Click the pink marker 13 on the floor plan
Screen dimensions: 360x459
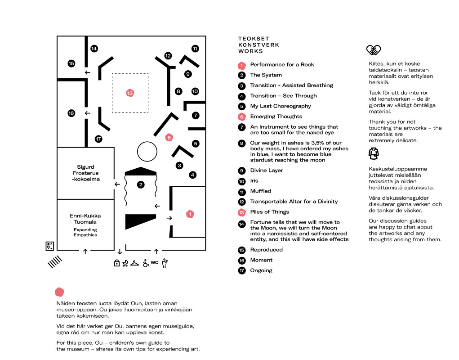coord(130,93)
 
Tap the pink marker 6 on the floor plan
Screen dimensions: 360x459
coord(169,138)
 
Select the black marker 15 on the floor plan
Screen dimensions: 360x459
coord(71,63)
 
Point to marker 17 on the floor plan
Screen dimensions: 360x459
coord(98,139)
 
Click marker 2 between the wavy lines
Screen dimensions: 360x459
coord(141,184)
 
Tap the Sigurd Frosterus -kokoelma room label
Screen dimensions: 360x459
coord(85,173)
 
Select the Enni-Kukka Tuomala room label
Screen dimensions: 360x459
coord(85,219)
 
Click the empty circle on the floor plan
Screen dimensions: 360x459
coord(146,151)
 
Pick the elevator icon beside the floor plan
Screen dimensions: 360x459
coord(50,246)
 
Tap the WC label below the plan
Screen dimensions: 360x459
coord(154,262)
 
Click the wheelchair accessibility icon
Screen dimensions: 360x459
coord(145,263)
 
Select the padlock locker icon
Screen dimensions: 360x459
coord(117,263)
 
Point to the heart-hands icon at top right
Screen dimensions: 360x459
coord(374,50)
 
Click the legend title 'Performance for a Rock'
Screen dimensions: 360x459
coord(282,65)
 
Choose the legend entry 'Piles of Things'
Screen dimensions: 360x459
coord(269,212)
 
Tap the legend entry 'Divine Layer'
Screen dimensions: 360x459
coord(266,171)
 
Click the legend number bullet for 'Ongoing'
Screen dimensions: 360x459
coord(242,270)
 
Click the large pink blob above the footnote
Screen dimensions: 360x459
coord(59,292)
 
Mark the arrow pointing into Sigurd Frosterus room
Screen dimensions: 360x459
coord(117,184)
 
